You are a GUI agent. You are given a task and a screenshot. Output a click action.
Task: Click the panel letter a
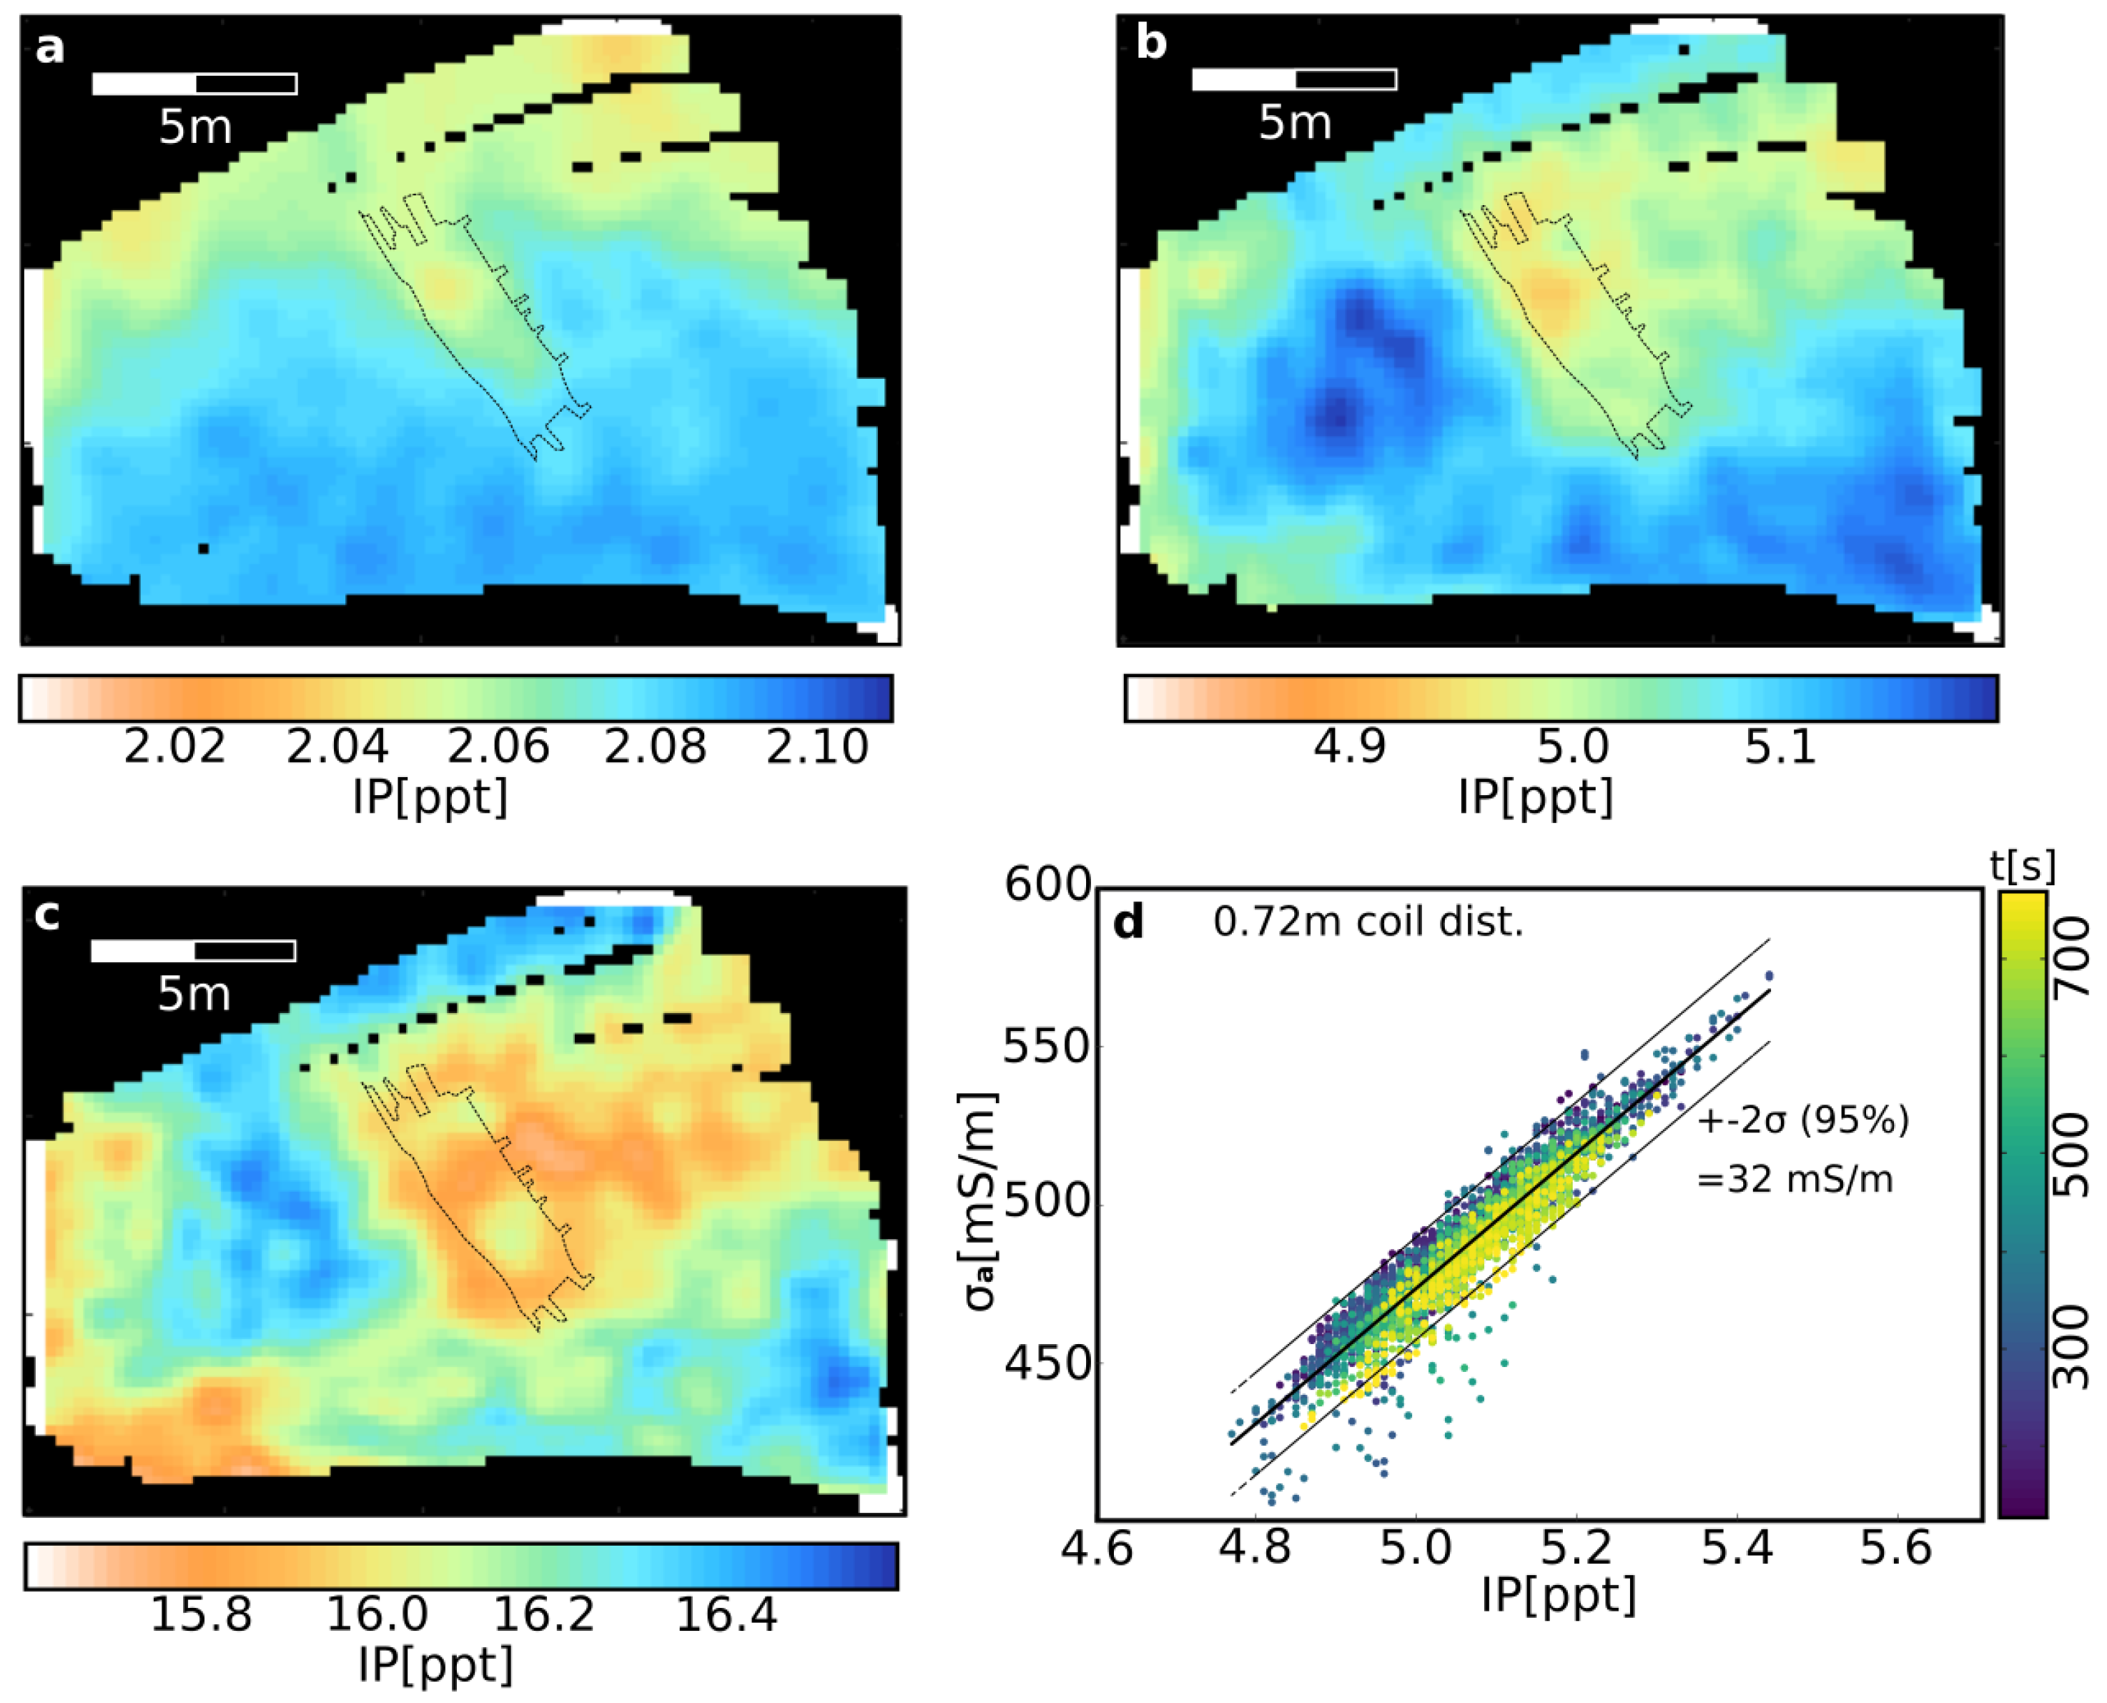pos(49,46)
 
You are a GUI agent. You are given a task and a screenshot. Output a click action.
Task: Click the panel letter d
pos(1129,922)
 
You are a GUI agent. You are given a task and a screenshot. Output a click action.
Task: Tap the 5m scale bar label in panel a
pos(195,127)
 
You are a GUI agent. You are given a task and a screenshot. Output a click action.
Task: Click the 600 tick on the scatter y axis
pos(1047,886)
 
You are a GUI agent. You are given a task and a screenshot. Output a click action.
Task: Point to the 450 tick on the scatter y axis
pos(1047,1363)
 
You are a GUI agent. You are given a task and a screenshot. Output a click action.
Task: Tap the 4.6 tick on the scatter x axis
pos(1097,1549)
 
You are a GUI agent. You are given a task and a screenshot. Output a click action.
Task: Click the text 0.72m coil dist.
pos(1368,922)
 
